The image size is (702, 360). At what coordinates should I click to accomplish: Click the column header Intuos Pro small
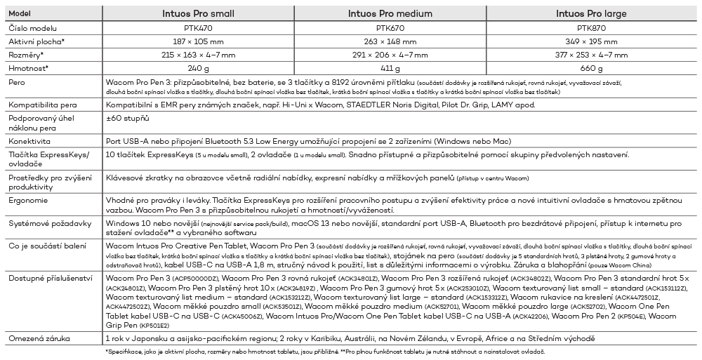[x=199, y=14]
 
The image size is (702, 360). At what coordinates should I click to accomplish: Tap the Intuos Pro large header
[x=591, y=14]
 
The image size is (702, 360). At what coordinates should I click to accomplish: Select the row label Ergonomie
[x=29, y=201]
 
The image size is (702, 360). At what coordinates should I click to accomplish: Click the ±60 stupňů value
[x=130, y=118]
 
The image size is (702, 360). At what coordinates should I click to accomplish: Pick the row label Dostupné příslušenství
[x=51, y=279]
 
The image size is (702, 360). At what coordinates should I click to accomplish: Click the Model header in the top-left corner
[x=20, y=14]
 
